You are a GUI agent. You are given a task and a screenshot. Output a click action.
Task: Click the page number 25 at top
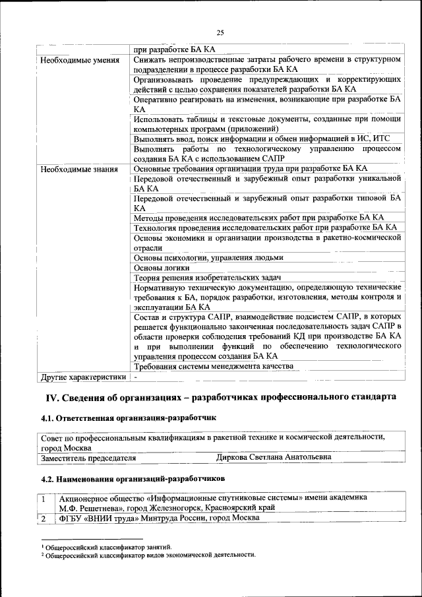tap(220, 33)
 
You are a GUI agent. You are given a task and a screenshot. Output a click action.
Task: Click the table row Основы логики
tap(162, 268)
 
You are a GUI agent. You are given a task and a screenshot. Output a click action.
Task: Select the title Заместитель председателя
tap(88, 456)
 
